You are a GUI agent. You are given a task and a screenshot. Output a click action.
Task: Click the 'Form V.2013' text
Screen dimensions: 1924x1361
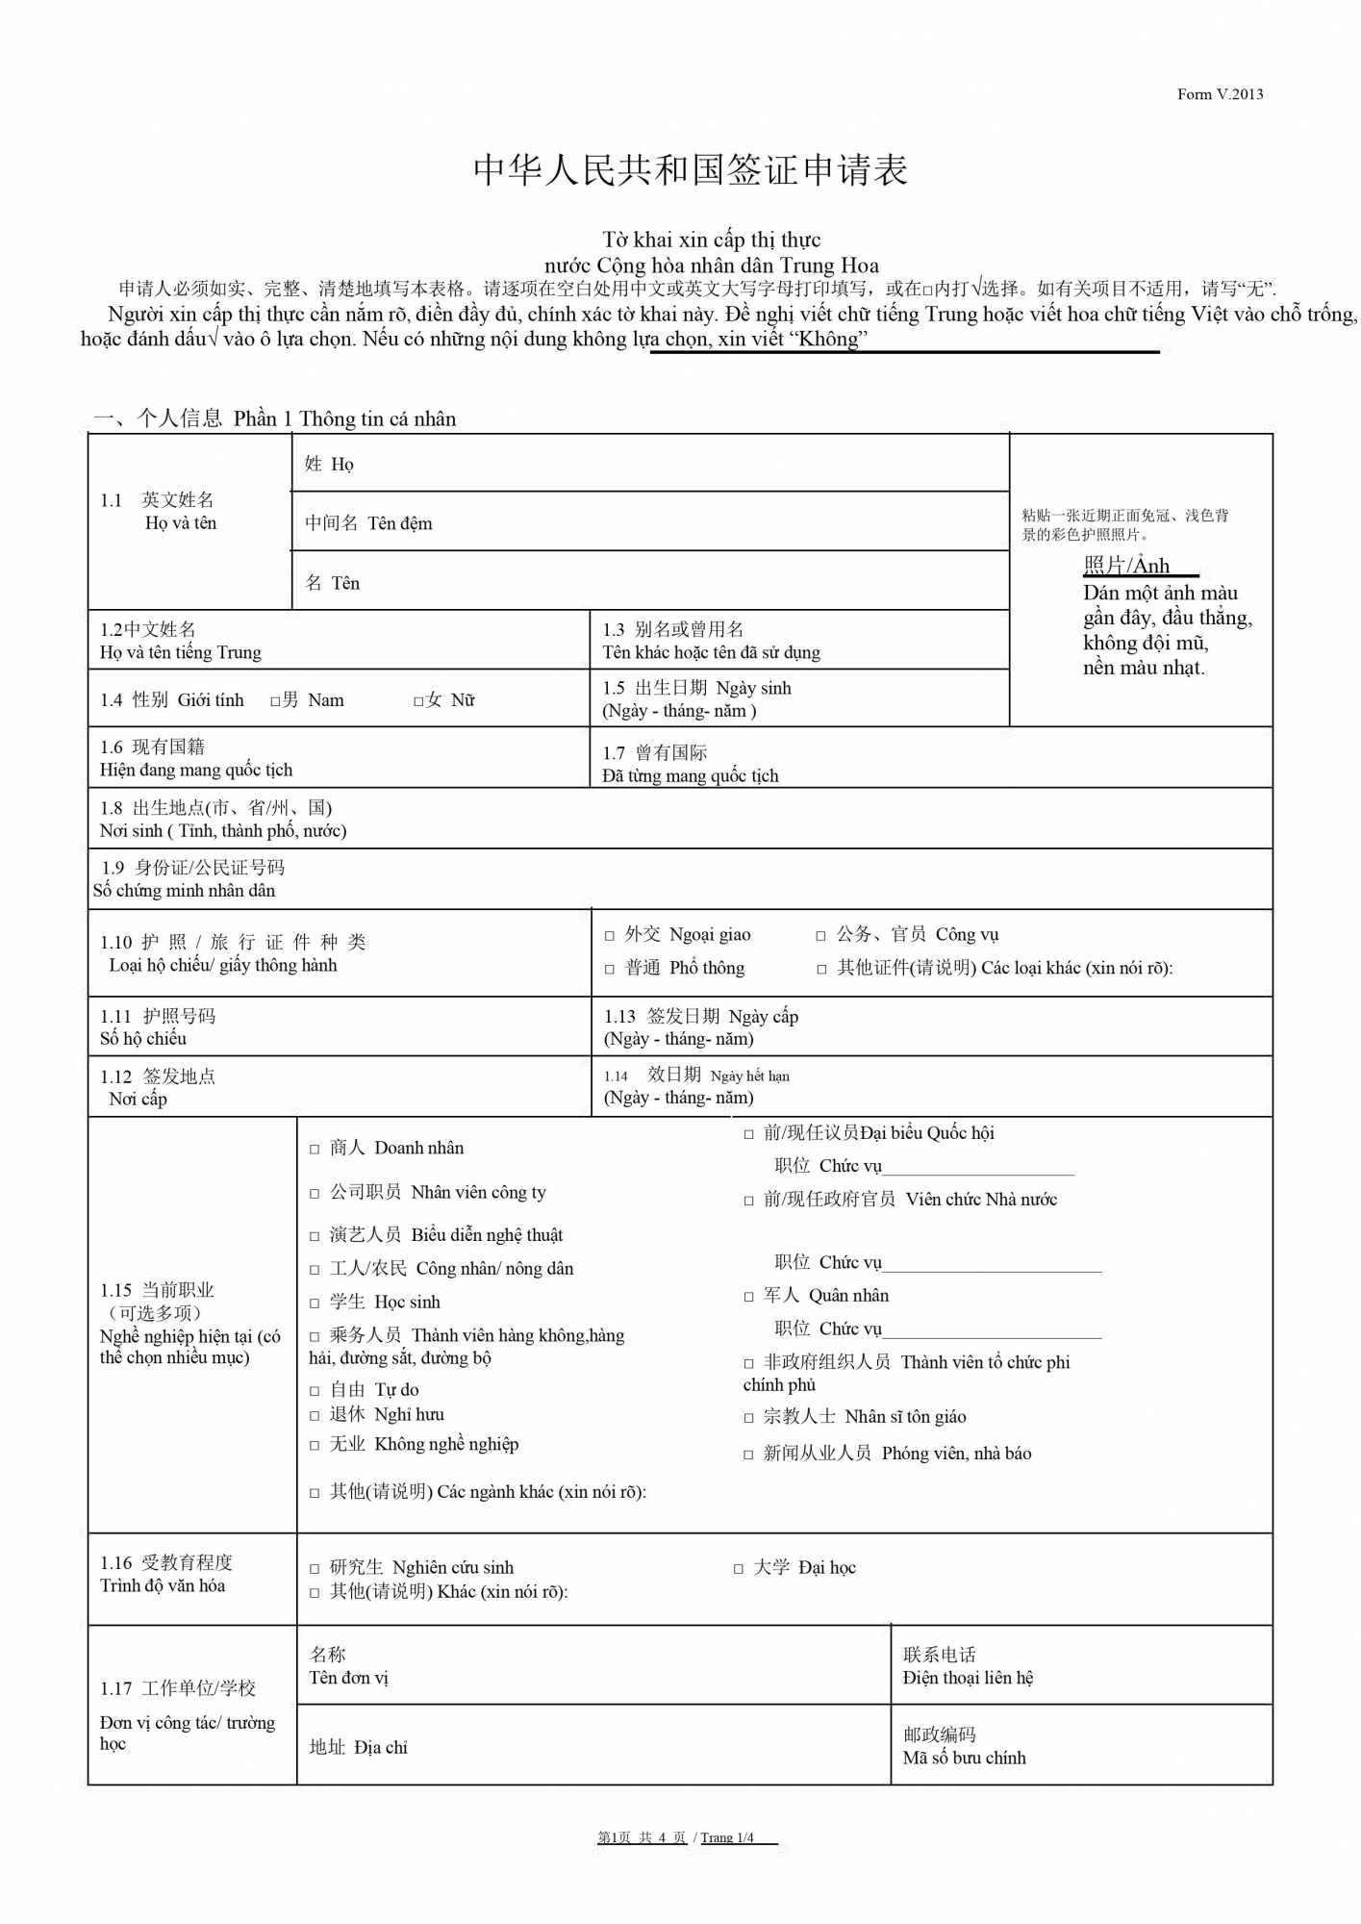[x=1220, y=94]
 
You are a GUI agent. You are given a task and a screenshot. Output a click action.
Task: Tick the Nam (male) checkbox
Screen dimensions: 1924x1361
[x=275, y=701]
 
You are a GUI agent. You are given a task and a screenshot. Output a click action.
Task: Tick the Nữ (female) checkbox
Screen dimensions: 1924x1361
[x=418, y=701]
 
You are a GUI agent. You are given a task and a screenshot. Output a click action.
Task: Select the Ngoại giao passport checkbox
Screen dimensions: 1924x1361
[x=609, y=935]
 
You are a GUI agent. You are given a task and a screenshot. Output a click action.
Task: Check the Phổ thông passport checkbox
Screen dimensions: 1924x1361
[x=609, y=969]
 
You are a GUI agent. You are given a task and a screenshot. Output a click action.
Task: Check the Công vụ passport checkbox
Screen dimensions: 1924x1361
[x=820, y=935]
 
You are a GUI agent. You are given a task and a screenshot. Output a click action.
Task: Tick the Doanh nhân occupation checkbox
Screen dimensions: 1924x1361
[x=315, y=1149]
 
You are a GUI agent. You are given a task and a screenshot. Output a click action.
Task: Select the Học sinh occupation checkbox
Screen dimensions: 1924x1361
[x=315, y=1303]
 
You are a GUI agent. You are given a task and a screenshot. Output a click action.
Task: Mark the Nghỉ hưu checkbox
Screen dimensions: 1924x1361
[x=315, y=1415]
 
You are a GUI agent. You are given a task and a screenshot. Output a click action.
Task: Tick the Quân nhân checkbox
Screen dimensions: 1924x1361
[x=748, y=1297]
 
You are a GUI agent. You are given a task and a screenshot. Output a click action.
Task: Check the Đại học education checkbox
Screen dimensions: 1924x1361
[x=739, y=1569]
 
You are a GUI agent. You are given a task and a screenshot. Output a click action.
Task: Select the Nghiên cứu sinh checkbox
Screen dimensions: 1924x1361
[x=315, y=1569]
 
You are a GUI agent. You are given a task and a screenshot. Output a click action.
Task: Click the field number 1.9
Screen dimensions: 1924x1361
[x=113, y=868]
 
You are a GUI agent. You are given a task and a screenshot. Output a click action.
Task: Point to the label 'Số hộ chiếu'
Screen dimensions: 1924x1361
[x=143, y=1038]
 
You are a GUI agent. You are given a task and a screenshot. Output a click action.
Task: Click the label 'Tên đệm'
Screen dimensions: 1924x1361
[x=399, y=523]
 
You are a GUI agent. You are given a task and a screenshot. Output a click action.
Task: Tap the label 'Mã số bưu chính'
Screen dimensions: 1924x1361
[x=964, y=1758]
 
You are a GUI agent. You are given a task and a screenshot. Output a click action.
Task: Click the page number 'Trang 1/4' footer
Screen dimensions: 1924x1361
[x=727, y=1837]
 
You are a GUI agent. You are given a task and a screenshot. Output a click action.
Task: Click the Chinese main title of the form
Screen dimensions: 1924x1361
[x=691, y=170]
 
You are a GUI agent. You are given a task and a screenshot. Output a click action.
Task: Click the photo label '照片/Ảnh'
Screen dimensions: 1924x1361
[x=1126, y=565]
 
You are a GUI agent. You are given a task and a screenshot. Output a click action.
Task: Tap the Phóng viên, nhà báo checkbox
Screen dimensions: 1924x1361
[x=748, y=1455]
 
